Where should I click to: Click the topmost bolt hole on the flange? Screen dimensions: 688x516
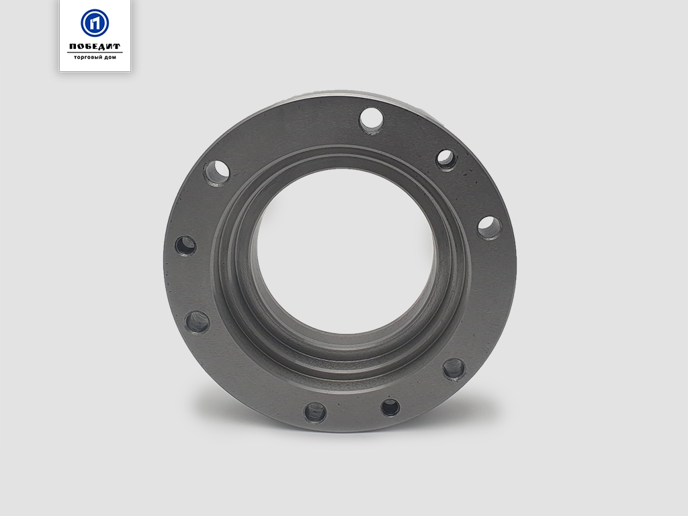point(372,120)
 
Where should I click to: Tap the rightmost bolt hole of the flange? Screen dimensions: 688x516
point(489,228)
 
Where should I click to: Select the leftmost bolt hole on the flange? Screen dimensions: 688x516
point(185,245)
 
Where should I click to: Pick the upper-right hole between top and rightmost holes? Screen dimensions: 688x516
point(447,160)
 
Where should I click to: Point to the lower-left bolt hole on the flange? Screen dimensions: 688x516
point(197,322)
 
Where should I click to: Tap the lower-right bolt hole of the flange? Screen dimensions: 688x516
point(454,369)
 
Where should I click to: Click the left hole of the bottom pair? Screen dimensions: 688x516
point(315,413)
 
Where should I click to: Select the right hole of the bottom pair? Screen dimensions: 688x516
point(390,407)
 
